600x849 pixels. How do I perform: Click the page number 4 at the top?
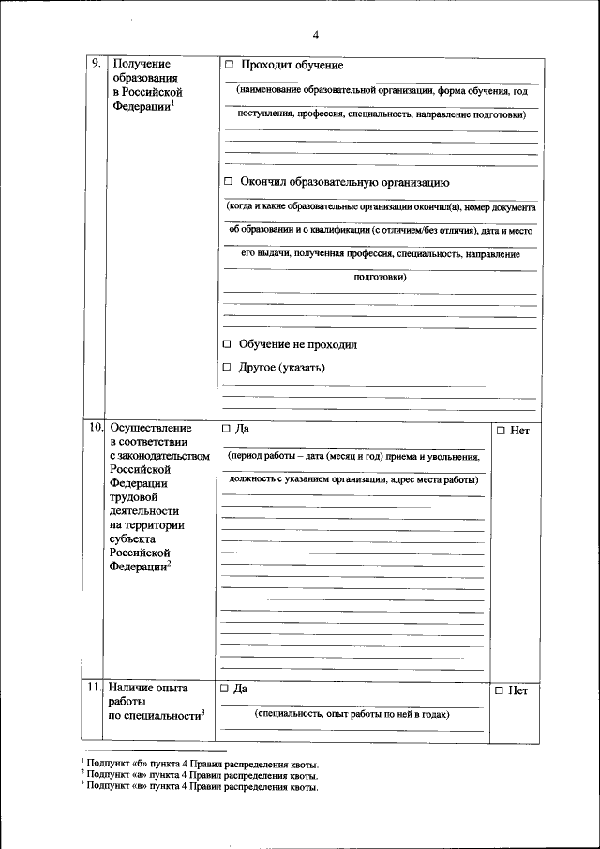316,36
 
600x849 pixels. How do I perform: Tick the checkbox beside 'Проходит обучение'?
229,67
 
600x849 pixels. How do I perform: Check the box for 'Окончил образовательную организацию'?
229,183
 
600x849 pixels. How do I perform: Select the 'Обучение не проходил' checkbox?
228,345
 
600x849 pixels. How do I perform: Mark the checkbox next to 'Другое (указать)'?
228,369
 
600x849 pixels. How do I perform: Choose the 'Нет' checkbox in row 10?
501,431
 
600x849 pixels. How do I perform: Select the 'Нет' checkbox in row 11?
501,690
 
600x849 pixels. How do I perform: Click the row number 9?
97,64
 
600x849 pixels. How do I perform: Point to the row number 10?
96,428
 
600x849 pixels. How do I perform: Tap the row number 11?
95,688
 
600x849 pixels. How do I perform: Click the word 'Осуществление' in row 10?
150,429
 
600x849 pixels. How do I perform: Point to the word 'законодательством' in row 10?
164,457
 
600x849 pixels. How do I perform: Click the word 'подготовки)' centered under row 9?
380,278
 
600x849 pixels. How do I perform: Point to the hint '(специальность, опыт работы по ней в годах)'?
352,715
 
